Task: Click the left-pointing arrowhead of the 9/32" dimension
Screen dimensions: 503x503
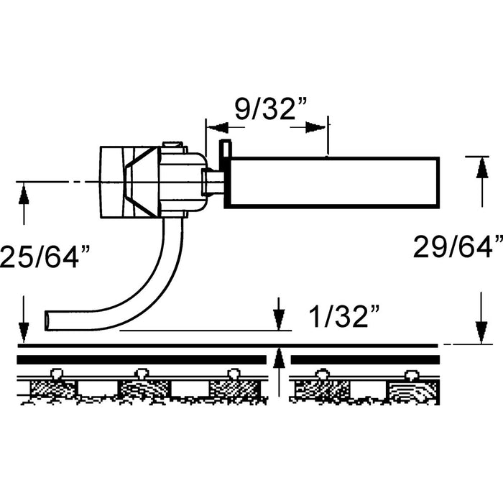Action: (217, 127)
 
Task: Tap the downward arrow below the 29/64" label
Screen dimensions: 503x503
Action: (479, 332)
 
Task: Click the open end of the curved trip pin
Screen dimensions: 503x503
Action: (48, 319)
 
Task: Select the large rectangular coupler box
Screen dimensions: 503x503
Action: (331, 183)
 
